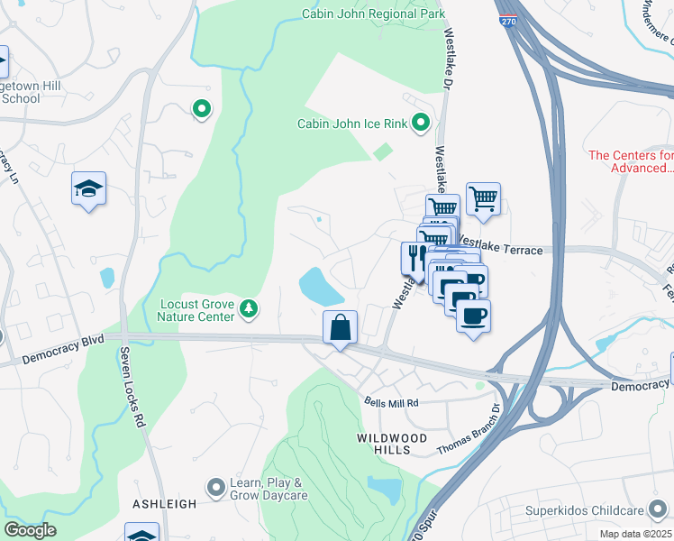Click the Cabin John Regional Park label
(x=374, y=15)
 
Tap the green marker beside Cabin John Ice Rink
(x=420, y=123)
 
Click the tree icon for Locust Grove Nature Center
(x=249, y=310)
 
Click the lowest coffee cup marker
(x=474, y=316)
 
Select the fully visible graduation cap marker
(x=88, y=188)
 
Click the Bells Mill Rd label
(x=392, y=403)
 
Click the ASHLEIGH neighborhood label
(x=164, y=504)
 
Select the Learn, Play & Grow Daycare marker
(x=214, y=488)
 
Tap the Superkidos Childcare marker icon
(x=515, y=512)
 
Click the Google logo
(x=31, y=530)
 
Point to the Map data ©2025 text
(x=636, y=534)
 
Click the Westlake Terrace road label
(x=501, y=248)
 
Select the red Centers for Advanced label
(x=630, y=161)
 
